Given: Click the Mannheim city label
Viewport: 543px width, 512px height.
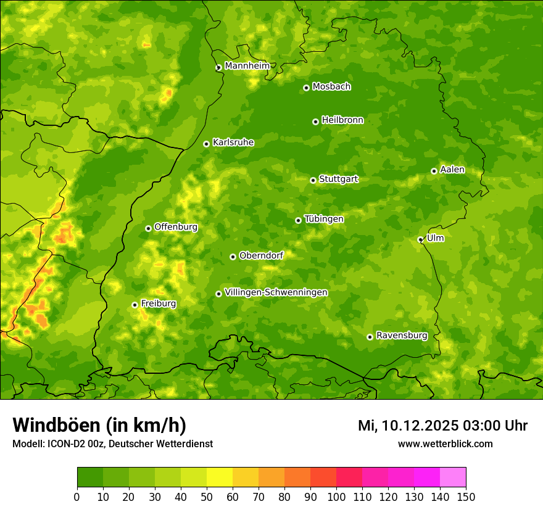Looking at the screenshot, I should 247,66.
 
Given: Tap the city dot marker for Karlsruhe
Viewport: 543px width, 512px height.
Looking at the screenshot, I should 206,144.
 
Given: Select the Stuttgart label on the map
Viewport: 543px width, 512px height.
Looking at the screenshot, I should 338,180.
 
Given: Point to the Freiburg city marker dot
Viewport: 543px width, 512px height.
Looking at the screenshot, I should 135,305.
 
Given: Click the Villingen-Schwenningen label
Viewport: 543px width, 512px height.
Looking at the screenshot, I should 276,292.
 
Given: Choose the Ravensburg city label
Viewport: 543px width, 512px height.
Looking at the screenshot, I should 402,336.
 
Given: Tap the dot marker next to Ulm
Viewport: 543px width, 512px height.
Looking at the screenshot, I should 420,239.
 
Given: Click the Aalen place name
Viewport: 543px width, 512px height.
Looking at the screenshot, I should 452,170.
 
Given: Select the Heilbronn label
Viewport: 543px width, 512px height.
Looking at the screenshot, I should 342,120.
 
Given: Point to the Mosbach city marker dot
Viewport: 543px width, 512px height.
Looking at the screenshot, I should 306,88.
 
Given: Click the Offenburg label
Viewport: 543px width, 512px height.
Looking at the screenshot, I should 176,227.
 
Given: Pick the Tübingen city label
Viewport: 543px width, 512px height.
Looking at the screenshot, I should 324,219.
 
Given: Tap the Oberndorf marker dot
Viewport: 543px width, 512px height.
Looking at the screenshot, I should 233,257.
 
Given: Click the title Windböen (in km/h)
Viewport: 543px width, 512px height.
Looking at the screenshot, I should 99,425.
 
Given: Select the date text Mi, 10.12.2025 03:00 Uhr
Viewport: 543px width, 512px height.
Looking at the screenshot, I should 442,426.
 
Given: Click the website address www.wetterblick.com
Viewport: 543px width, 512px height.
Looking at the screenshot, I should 445,444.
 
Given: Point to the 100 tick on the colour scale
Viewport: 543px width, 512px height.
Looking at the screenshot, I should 336,496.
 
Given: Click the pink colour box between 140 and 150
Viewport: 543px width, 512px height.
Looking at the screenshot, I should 453,477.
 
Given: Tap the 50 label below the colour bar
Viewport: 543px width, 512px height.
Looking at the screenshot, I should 207,496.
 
